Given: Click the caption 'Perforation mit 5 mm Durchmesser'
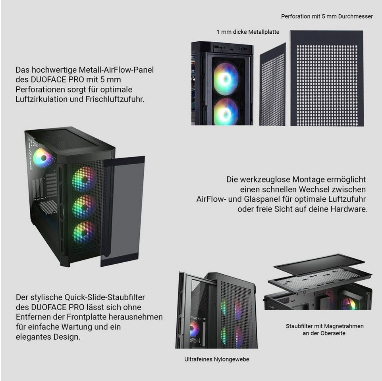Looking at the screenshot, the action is click(327, 16).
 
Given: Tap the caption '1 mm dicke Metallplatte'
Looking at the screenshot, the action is click(248, 32).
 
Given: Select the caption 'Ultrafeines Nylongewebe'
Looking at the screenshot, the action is click(216, 359).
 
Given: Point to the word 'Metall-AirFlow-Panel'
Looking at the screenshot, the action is click(116, 70).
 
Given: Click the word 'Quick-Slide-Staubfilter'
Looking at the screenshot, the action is click(104, 297).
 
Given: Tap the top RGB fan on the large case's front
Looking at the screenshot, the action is click(84, 179).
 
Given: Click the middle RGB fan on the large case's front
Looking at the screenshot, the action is click(84, 207).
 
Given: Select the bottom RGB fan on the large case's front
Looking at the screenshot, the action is click(84, 233).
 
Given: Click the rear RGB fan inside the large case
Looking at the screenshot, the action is click(43, 158).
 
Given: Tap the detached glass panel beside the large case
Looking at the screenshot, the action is click(123, 211).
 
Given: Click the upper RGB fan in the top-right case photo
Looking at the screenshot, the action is click(226, 79).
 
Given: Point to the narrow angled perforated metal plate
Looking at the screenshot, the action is click(272, 84).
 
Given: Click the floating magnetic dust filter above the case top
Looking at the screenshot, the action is click(319, 264).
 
